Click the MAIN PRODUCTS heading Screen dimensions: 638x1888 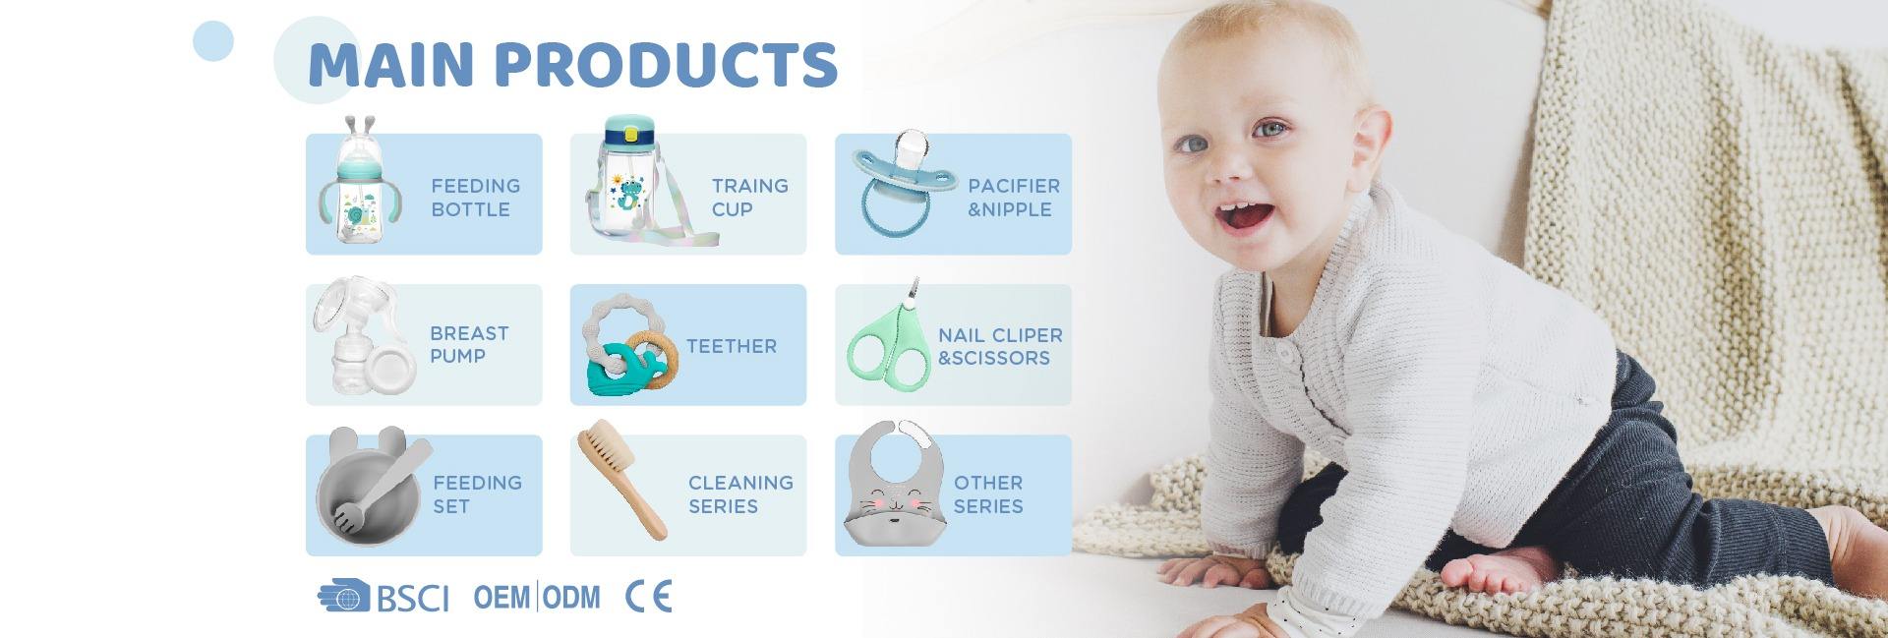point(572,65)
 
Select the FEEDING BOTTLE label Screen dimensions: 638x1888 point(475,198)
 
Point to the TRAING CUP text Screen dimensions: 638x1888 point(749,198)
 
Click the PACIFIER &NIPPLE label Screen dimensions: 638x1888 point(1013,198)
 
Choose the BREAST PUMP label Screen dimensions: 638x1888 point(468,344)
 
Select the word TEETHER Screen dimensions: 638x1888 point(731,346)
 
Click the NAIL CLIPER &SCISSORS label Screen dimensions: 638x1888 point(999,346)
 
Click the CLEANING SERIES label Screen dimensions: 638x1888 point(739,494)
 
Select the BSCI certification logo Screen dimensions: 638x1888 point(383,597)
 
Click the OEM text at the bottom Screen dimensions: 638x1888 point(501,597)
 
